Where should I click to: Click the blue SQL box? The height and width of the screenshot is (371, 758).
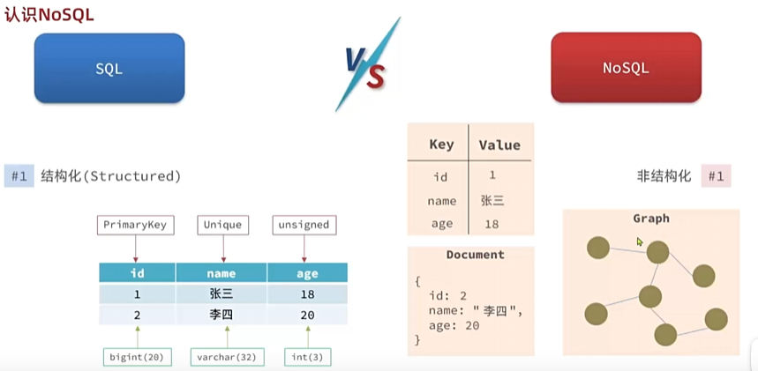[109, 68]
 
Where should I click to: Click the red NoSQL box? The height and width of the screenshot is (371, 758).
[626, 68]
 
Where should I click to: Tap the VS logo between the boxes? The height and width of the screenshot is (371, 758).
[367, 64]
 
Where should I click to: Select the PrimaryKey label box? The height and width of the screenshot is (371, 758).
[135, 225]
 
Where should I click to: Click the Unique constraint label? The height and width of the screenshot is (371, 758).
[223, 225]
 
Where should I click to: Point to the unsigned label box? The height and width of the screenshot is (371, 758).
[304, 225]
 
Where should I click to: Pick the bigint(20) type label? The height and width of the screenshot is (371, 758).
[137, 358]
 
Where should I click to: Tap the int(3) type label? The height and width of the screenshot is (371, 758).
[308, 358]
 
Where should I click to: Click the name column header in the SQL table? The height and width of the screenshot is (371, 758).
[221, 273]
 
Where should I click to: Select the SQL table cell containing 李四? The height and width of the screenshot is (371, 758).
[221, 315]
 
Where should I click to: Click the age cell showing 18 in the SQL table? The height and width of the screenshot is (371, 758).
[307, 294]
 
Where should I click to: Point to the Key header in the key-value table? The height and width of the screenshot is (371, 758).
[441, 145]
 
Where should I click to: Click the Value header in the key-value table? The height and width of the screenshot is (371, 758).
[499, 145]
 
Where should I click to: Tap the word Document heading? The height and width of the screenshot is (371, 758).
[476, 255]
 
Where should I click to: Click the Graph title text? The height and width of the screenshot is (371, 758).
[651, 219]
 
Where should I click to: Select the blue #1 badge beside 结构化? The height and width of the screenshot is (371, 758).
[19, 176]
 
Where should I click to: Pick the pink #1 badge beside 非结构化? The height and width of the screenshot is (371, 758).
[716, 176]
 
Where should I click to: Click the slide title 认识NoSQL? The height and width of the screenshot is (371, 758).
[49, 15]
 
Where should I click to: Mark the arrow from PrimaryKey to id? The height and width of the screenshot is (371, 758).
[136, 249]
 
